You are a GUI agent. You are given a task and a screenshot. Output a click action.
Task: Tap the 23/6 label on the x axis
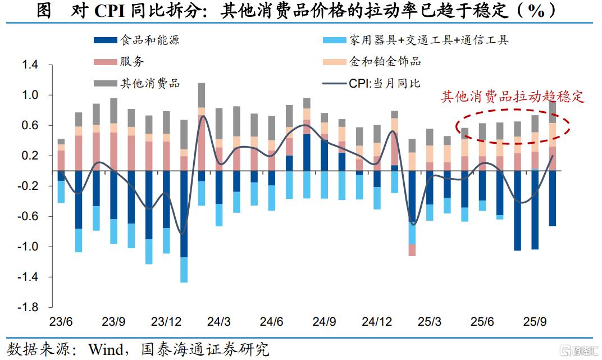pos(61,322)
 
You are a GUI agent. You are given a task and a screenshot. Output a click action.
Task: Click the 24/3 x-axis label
pos(218,322)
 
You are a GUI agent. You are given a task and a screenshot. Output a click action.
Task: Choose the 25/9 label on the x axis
pos(535,322)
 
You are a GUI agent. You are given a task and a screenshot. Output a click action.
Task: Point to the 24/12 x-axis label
pos(377,322)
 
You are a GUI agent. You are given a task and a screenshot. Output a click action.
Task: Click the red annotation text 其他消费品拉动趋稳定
pos(513,97)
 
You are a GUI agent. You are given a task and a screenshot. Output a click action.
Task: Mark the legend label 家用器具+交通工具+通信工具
pos(428,40)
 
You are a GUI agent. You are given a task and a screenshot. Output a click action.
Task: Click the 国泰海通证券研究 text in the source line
pos(206,350)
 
